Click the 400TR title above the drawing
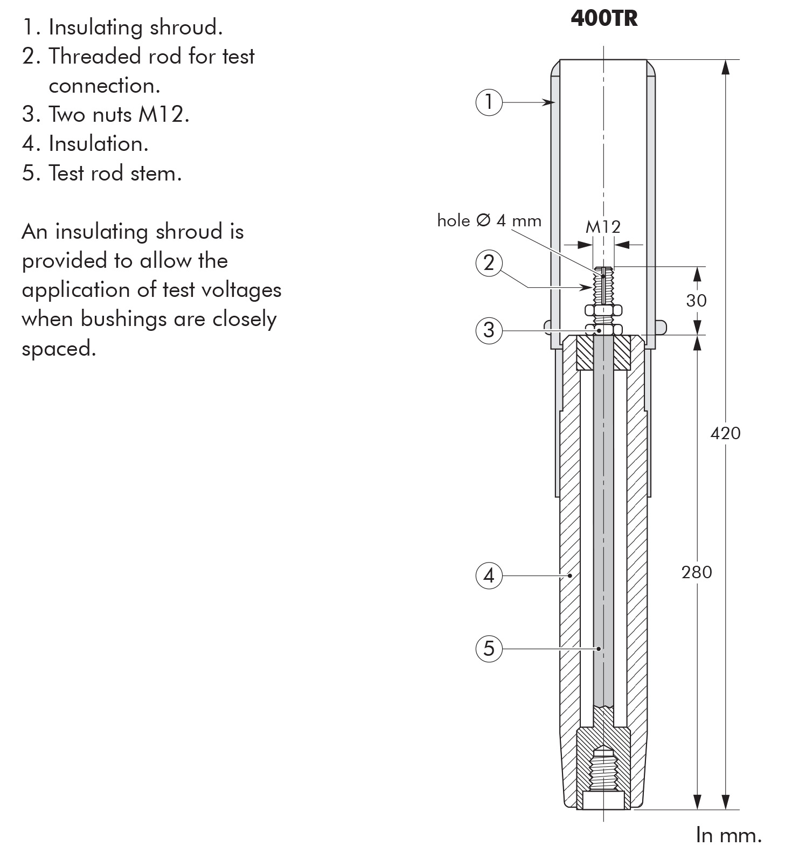point(604,19)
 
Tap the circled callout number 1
point(489,101)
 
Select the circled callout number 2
point(489,263)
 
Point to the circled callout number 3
point(489,330)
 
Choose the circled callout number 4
point(489,576)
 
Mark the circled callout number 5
point(489,648)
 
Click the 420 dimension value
point(725,433)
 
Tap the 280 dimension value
point(697,572)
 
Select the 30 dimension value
point(696,300)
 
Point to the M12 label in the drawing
point(603,226)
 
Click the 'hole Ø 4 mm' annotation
point(489,220)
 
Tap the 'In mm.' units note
point(729,834)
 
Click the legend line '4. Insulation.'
point(85,144)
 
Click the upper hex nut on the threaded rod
point(603,310)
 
